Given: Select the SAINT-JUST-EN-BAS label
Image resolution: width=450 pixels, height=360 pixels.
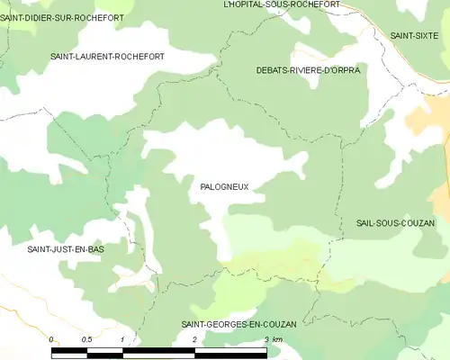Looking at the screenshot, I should (66, 248).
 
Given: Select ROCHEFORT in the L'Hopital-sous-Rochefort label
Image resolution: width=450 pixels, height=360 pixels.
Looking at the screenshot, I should (315, 4).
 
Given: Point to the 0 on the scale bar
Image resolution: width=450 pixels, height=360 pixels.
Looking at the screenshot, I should (51, 339).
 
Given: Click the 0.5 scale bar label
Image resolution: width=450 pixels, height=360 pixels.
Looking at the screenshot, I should (86, 339).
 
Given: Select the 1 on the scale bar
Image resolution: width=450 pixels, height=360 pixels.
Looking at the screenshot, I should (121, 339).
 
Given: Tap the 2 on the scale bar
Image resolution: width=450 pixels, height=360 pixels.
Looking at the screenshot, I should (194, 339).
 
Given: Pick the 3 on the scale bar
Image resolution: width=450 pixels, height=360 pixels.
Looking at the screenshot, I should (266, 339).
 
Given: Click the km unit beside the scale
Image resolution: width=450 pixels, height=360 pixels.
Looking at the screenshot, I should (278, 339).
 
